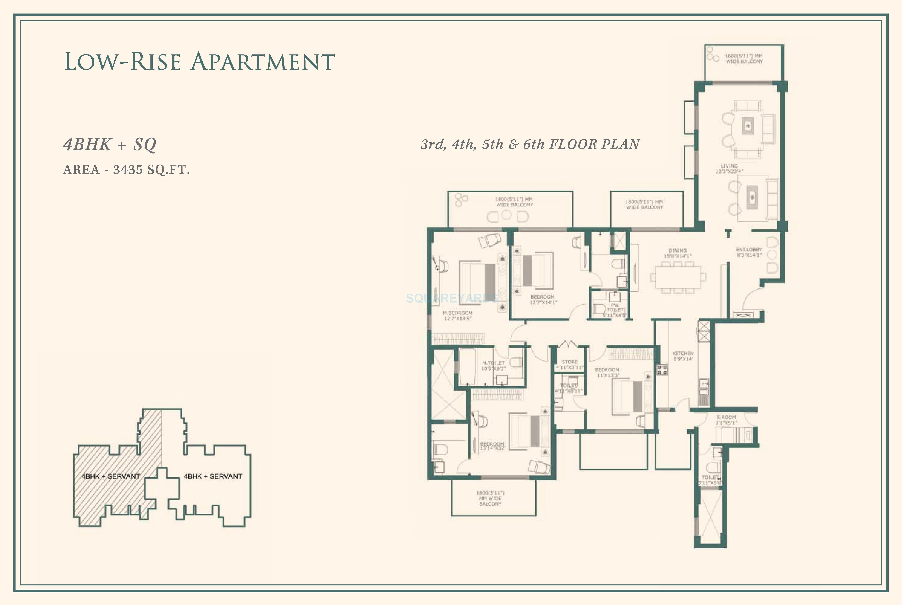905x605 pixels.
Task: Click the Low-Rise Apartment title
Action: click(199, 62)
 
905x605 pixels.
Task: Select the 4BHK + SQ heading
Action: click(109, 145)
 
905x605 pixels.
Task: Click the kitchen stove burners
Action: click(662, 370)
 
